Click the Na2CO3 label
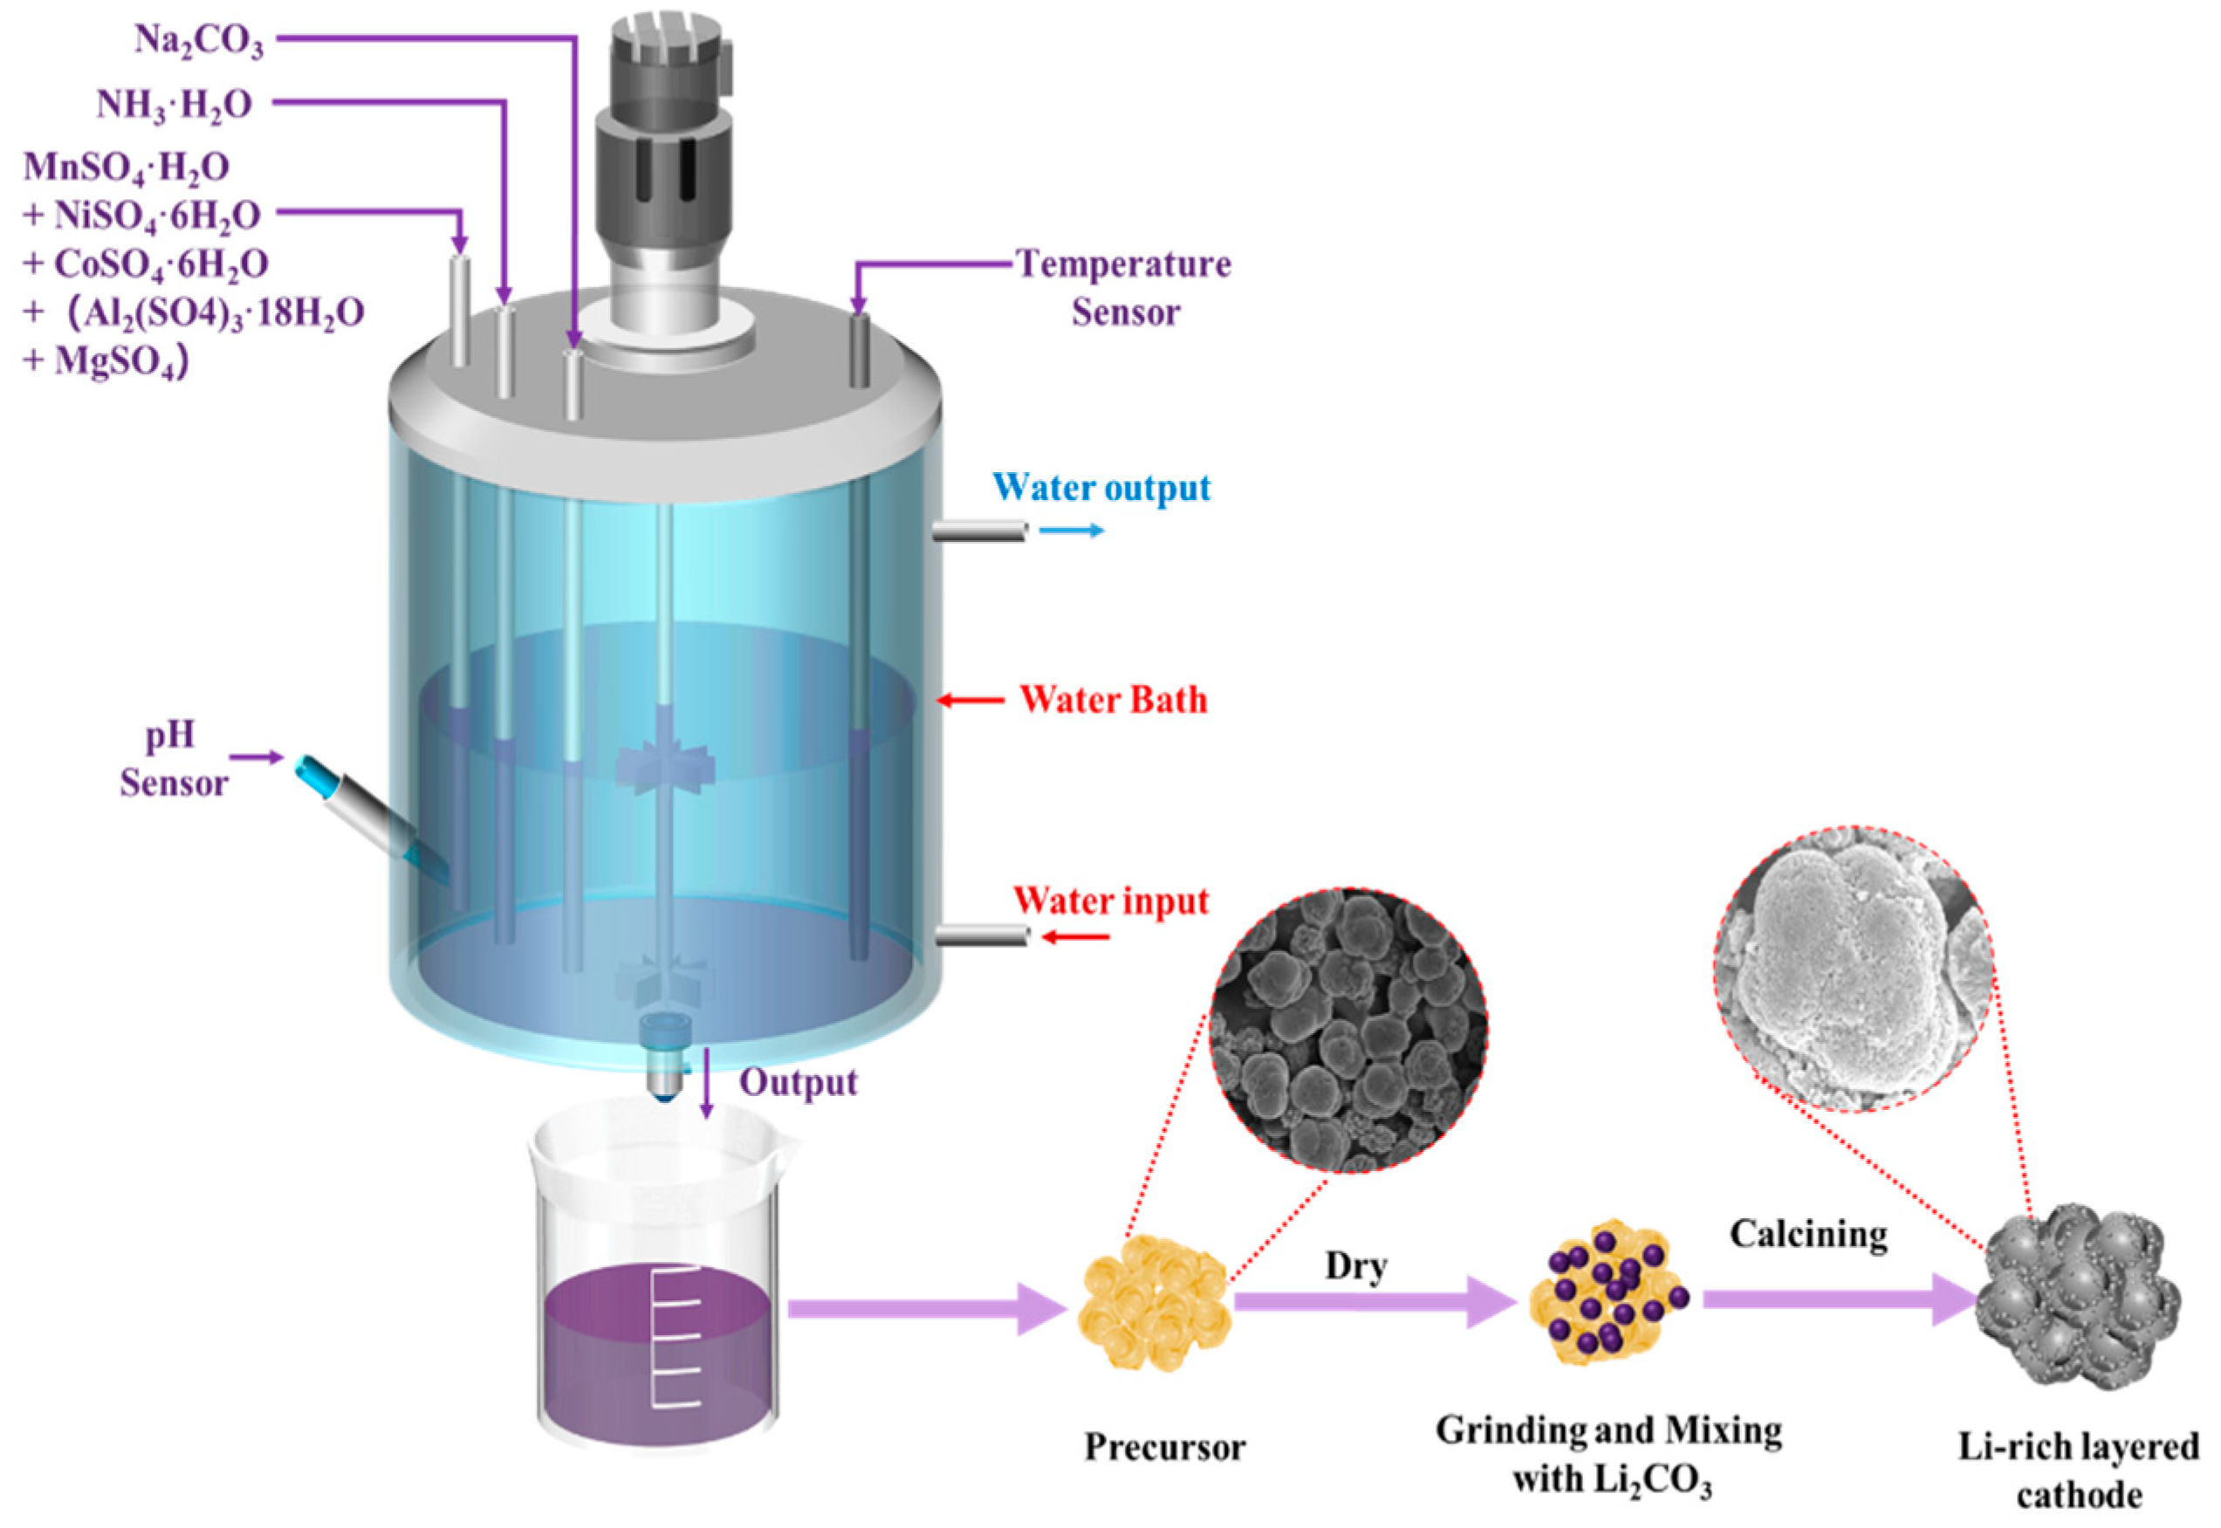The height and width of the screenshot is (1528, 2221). pos(198,41)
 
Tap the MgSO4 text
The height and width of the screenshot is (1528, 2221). pos(120,362)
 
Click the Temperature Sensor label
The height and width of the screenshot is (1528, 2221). pos(1124,287)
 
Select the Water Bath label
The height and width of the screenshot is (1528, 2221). pos(1113,700)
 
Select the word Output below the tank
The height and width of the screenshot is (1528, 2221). pos(798,1083)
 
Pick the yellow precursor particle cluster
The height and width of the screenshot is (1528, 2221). pos(1154,1302)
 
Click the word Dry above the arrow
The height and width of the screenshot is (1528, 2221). pos(1355,1265)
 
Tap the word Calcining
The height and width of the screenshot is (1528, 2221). pos(1807,1234)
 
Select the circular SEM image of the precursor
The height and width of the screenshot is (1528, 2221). pos(1348,1029)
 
